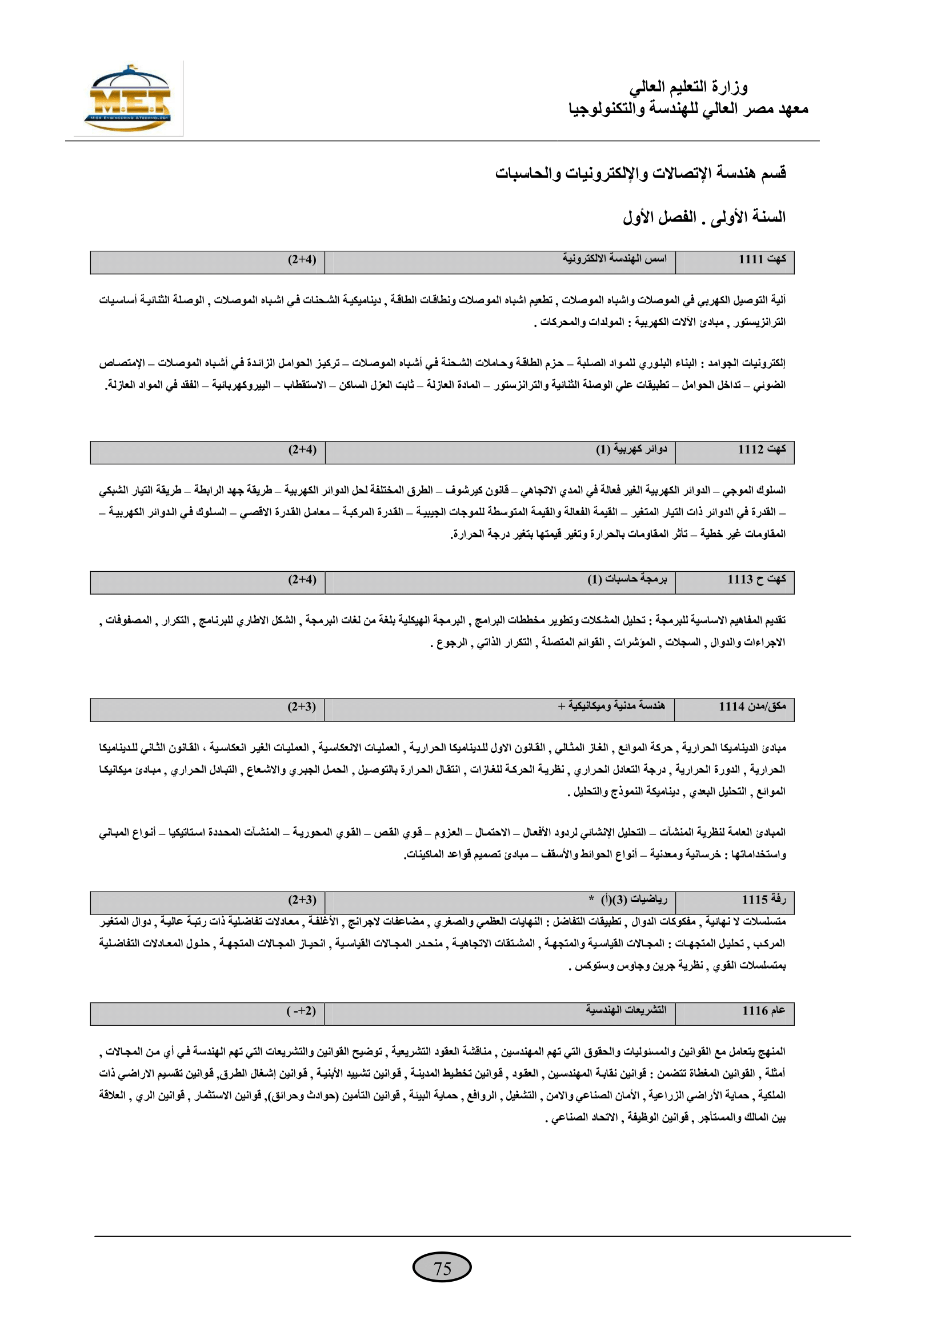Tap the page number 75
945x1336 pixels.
(x=442, y=1268)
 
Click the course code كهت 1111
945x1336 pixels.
(x=762, y=259)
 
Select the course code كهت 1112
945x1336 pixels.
(x=762, y=449)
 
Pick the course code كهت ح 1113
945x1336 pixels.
(x=756, y=579)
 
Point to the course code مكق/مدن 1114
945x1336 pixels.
(x=752, y=707)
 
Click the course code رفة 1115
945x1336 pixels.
(x=763, y=900)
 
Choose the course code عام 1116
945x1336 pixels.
(x=763, y=1011)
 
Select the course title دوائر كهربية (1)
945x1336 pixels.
(x=631, y=449)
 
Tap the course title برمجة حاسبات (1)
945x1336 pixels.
(x=627, y=579)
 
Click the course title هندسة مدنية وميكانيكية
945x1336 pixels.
(x=611, y=706)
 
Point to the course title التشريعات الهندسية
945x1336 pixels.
(x=626, y=1010)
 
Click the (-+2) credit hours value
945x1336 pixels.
(x=302, y=1012)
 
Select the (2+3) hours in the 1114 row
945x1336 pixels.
(x=302, y=707)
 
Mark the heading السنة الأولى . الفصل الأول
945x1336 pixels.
(x=704, y=218)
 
